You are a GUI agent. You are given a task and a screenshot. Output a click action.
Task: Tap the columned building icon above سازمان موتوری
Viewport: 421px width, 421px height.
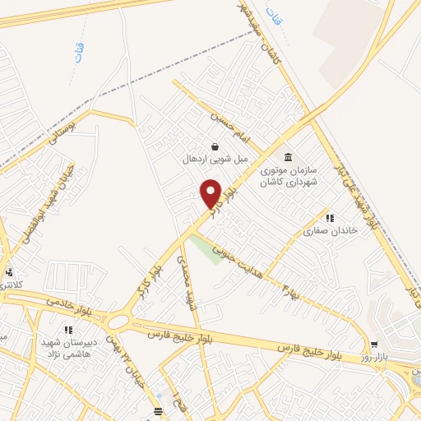point(288,157)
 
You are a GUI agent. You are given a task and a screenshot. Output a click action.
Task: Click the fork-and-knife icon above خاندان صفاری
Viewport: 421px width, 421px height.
point(329,218)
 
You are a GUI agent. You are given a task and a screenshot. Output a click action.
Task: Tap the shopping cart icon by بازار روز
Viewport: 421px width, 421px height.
point(375,345)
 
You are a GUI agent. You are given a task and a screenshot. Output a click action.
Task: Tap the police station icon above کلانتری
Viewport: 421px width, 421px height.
point(9,272)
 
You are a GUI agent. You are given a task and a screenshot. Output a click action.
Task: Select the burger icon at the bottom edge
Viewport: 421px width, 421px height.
point(159,411)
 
